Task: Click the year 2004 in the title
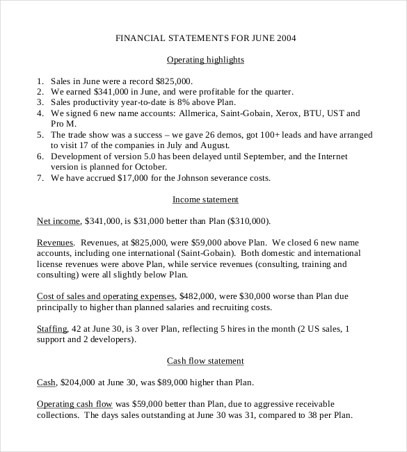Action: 285,38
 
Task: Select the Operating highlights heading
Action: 205,60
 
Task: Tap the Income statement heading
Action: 205,200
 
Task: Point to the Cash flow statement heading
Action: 205,361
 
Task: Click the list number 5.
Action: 40,135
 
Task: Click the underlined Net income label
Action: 58,221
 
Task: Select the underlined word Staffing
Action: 51,329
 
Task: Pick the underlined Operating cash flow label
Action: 74,404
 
